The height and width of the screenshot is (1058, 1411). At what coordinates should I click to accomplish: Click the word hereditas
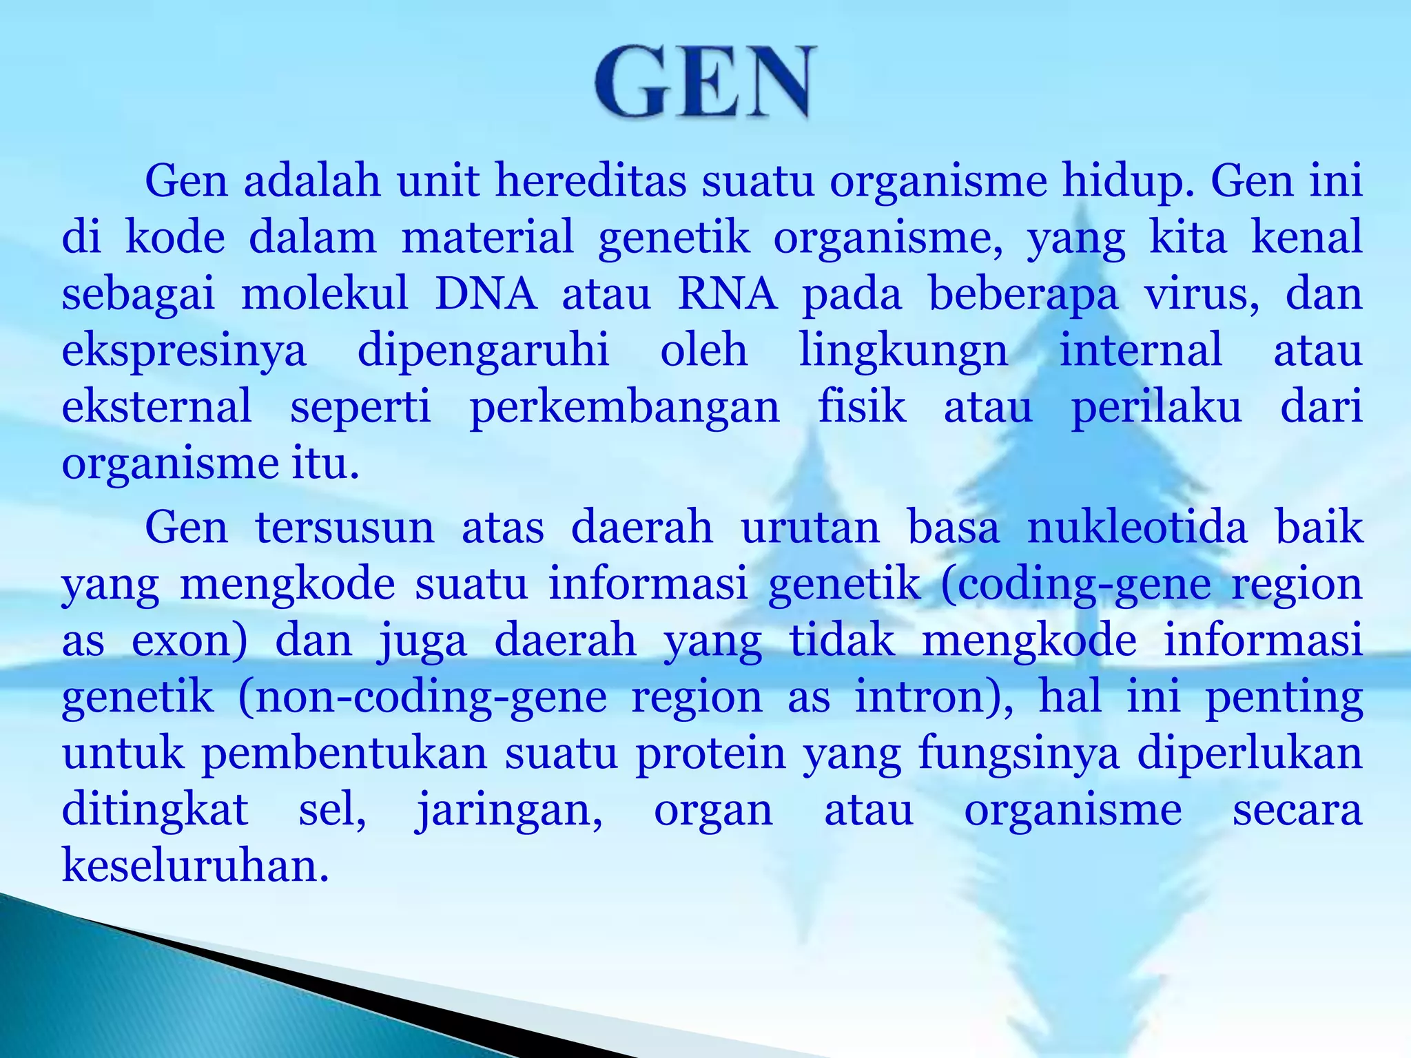[x=590, y=180]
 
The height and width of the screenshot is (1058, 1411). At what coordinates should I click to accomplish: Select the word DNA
[x=486, y=293]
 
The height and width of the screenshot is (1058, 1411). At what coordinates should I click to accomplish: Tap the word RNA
[x=728, y=293]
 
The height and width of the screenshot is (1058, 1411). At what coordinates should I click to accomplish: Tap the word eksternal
[x=157, y=406]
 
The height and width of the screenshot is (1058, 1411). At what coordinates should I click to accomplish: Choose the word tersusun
[x=344, y=528]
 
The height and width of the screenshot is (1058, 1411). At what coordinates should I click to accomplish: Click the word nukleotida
[x=1137, y=528]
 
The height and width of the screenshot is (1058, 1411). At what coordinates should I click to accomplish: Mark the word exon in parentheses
[x=183, y=641]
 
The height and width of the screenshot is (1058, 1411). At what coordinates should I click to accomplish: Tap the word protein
[x=710, y=754]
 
